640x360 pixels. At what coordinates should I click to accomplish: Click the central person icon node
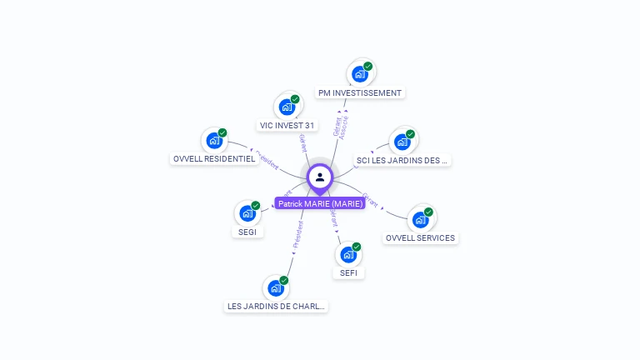tap(320, 177)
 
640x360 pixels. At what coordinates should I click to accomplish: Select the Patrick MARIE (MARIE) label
tap(320, 203)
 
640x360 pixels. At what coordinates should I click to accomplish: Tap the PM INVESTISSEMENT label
tap(360, 93)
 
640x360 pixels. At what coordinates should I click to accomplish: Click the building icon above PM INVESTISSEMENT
tap(360, 73)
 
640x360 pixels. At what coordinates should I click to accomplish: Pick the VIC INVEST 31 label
tap(287, 126)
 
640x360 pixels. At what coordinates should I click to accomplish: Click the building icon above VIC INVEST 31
tap(287, 107)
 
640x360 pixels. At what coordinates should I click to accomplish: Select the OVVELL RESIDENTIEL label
tap(214, 158)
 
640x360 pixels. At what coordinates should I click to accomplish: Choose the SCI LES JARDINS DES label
tap(403, 160)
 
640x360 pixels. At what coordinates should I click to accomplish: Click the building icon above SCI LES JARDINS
tap(403, 141)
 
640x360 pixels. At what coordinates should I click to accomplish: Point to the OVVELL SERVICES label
tap(421, 237)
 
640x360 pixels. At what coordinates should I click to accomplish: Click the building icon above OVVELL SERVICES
tap(421, 218)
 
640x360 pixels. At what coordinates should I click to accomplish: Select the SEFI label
tap(348, 272)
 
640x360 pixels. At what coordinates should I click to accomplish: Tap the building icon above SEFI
tap(348, 253)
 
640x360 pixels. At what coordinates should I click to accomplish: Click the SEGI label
tap(247, 232)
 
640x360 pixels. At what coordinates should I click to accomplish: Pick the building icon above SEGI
tap(247, 212)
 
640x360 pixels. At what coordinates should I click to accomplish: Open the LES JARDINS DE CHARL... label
tap(277, 306)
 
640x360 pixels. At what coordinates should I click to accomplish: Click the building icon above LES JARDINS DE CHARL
tap(276, 287)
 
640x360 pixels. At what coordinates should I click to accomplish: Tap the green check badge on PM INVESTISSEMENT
tap(367, 67)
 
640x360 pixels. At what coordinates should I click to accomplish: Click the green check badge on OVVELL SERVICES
tap(428, 212)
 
